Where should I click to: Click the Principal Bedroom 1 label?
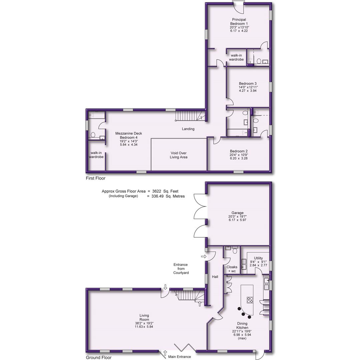pos(239,22)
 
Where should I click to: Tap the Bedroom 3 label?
pos(248,83)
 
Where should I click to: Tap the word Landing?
pos(188,129)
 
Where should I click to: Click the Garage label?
pos(238,213)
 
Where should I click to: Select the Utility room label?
pos(258,258)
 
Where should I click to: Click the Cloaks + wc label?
pos(232,269)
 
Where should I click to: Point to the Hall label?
pos(215,277)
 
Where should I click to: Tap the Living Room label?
pos(144,317)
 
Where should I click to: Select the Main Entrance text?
pos(179,357)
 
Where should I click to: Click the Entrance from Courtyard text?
pos(181,269)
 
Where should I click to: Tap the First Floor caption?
pos(95,178)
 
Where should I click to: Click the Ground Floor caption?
pos(99,358)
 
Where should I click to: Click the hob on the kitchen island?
pos(250,299)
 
